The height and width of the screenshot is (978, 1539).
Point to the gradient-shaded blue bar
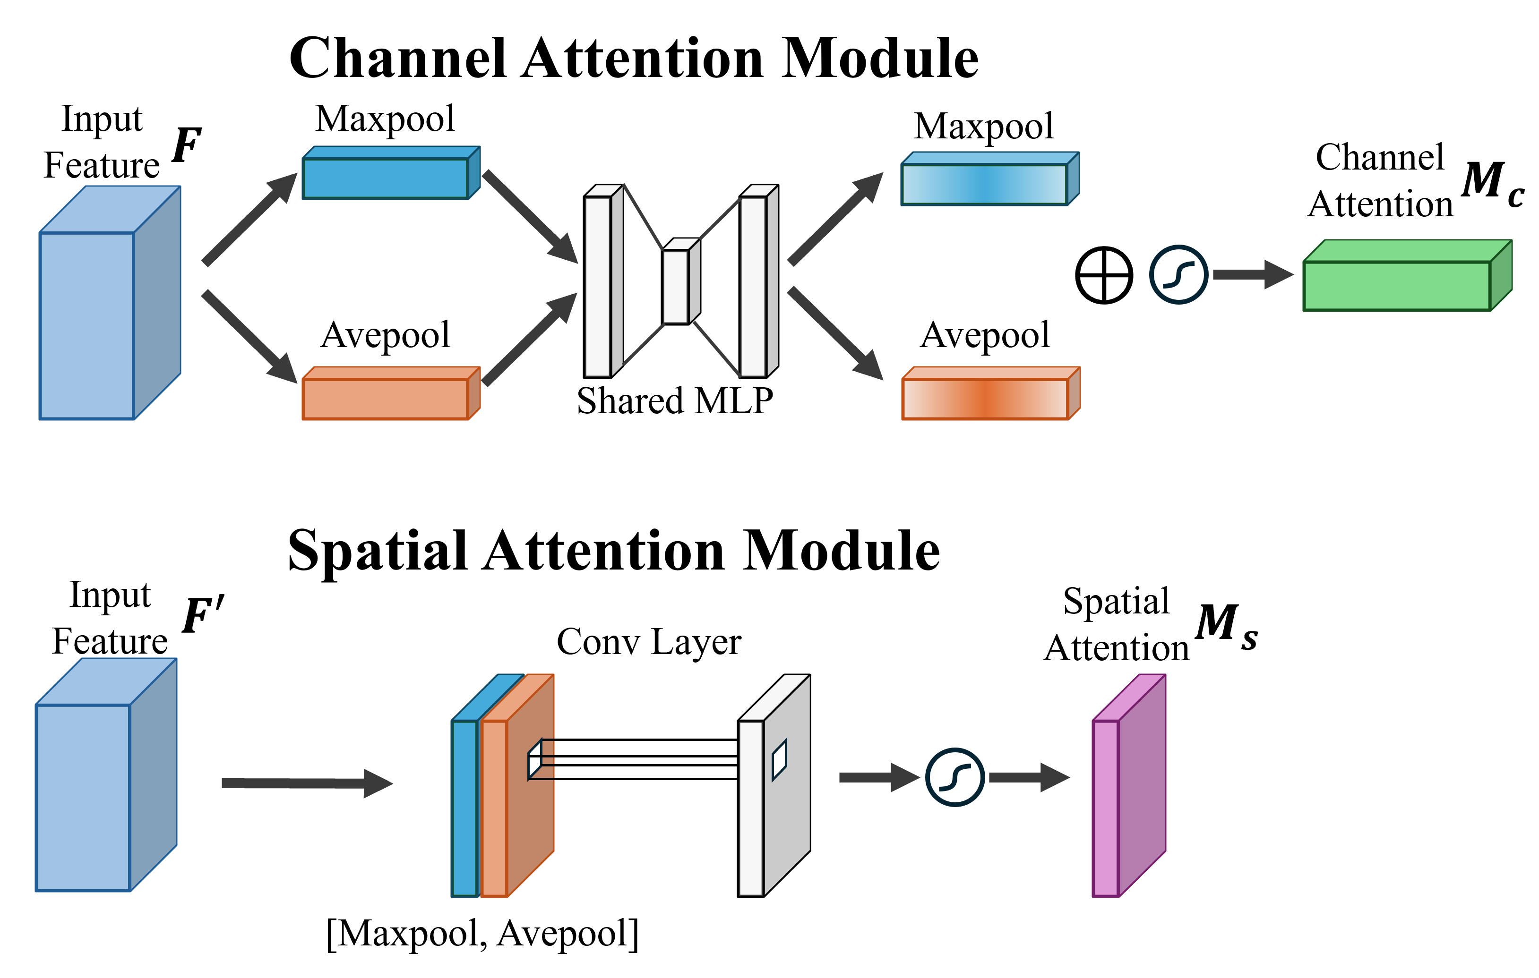click(x=984, y=184)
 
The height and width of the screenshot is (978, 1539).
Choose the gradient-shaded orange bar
click(x=985, y=399)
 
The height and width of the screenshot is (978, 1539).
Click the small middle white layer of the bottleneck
click(x=676, y=286)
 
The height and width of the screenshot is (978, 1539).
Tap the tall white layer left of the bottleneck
click(x=598, y=286)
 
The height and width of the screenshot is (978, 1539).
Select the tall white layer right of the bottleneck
click(x=754, y=286)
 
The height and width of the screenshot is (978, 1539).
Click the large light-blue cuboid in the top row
click(x=87, y=325)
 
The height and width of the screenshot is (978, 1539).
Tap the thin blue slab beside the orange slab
click(x=464, y=808)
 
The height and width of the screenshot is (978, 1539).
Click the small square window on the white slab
click(x=779, y=760)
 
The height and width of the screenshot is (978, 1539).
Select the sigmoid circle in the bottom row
click(x=955, y=777)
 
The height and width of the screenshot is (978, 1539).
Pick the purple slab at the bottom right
click(x=1106, y=808)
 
